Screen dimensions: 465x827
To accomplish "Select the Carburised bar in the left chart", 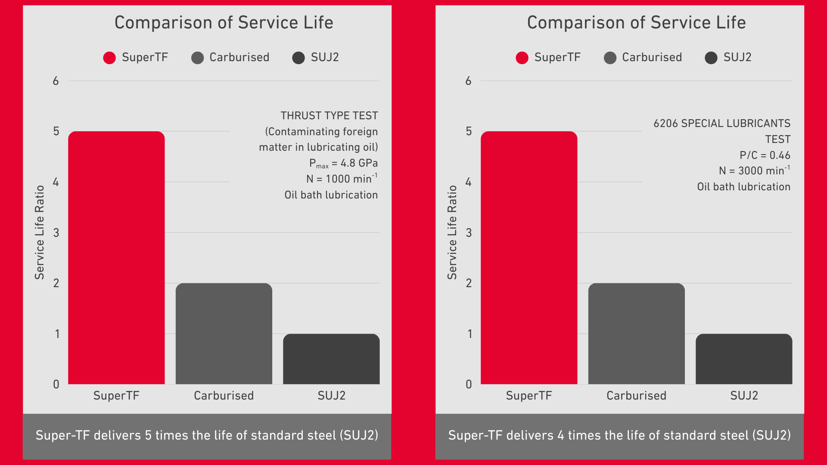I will [x=224, y=334].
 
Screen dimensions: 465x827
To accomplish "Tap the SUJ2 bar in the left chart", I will [x=331, y=359].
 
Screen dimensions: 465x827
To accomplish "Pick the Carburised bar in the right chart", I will [x=636, y=334].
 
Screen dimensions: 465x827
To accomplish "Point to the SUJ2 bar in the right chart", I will [x=744, y=359].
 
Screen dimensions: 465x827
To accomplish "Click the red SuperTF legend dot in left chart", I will [x=109, y=58].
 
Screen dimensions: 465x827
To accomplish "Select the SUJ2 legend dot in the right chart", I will [x=711, y=58].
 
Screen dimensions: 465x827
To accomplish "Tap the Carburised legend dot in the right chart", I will [x=610, y=58].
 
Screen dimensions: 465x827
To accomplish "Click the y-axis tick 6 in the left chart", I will [x=56, y=81].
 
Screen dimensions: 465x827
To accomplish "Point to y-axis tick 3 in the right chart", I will [x=469, y=233].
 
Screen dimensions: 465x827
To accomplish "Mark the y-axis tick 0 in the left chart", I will [x=56, y=384].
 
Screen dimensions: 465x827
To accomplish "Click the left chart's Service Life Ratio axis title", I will [x=40, y=232].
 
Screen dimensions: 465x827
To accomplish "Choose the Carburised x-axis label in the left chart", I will [x=224, y=396].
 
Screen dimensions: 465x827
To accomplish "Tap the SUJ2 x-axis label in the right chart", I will [x=744, y=396].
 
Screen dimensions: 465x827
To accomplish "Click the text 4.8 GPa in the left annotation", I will [x=359, y=163].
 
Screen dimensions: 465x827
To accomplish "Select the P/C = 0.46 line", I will [x=765, y=155].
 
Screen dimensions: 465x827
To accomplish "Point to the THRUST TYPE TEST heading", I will [x=329, y=116].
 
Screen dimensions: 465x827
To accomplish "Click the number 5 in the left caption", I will [x=148, y=435].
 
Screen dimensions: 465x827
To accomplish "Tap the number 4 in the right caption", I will [x=561, y=435].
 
